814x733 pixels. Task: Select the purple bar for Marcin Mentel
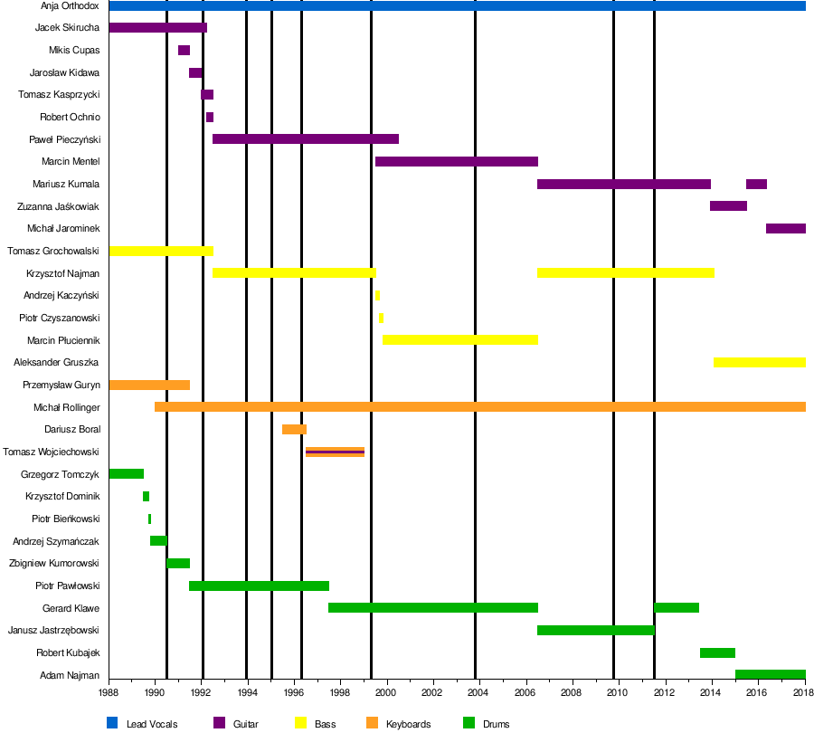click(457, 162)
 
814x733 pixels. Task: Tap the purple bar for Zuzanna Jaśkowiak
click(728, 206)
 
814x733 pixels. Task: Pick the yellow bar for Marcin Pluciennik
click(460, 340)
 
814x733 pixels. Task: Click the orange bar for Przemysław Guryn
click(149, 385)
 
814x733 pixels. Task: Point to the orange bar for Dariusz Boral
click(294, 429)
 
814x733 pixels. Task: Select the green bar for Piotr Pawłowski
click(259, 585)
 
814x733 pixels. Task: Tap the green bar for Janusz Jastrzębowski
click(595, 630)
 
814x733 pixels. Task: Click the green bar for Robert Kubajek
click(717, 652)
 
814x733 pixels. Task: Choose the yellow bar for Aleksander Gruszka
click(760, 362)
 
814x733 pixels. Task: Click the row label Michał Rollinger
click(66, 407)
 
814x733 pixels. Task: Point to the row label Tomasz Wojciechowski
click(51, 452)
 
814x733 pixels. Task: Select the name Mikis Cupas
click(74, 50)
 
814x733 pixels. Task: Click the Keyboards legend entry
click(408, 724)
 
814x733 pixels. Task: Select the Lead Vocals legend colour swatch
click(112, 723)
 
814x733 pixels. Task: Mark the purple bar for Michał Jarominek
click(785, 229)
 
